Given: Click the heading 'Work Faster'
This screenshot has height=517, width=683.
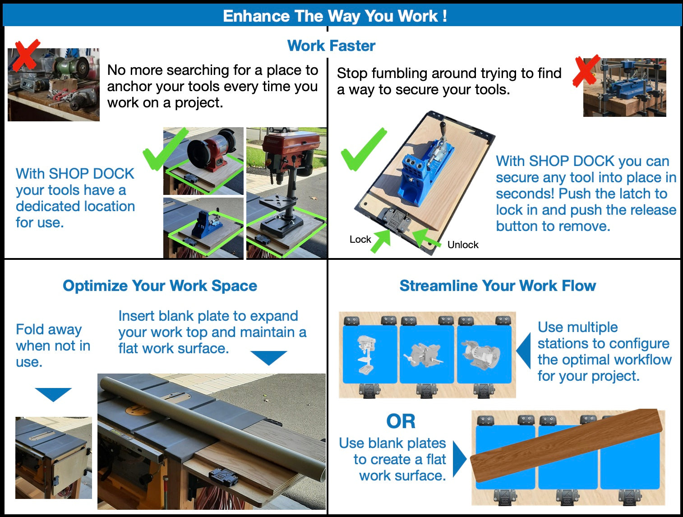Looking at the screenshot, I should pos(331,46).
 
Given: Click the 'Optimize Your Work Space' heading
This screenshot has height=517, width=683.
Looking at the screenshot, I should pos(160,286).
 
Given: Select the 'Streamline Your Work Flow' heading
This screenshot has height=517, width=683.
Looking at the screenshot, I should pos(498,286).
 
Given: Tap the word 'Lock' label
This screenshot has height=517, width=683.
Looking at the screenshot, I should pos(360,240).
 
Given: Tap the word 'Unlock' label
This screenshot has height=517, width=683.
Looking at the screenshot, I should pos(462,245).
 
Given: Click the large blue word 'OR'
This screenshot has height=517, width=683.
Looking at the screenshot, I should pos(401,421).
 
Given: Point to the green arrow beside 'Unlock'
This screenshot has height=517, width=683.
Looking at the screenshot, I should pos(425,238).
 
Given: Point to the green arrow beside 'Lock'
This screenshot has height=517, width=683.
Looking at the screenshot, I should pos(381,240).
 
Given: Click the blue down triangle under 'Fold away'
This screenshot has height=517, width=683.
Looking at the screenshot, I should pos(53,393).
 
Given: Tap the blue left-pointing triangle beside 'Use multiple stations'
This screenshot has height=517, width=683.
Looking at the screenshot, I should pos(524,351).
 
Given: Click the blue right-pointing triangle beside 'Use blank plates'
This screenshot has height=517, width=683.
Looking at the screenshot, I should pos(459,458).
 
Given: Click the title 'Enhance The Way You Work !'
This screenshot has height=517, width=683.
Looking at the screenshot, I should pos(335,16).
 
